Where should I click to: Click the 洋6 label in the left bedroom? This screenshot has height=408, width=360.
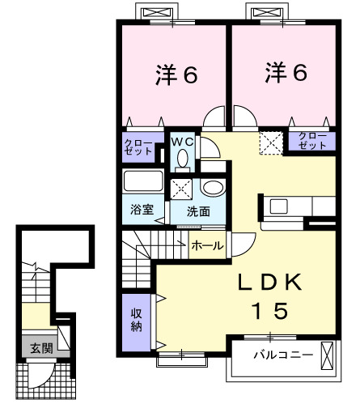pos(176,75)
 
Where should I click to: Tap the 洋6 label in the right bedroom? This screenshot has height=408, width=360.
pos(286,73)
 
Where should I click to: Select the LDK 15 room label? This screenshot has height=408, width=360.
pos(271,295)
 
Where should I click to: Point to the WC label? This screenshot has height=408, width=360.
pos(182,142)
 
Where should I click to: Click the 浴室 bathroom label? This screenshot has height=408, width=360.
pos(142,210)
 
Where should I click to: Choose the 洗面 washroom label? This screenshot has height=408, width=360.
pos(198,211)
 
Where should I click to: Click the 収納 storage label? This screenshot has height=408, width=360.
pos(137,320)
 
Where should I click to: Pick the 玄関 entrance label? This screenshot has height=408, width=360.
pos(40,349)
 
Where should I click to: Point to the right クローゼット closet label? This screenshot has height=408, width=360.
pos(311,139)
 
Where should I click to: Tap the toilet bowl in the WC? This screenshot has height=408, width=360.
pos(183,158)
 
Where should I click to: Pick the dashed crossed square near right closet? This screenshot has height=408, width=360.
pos(269,142)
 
